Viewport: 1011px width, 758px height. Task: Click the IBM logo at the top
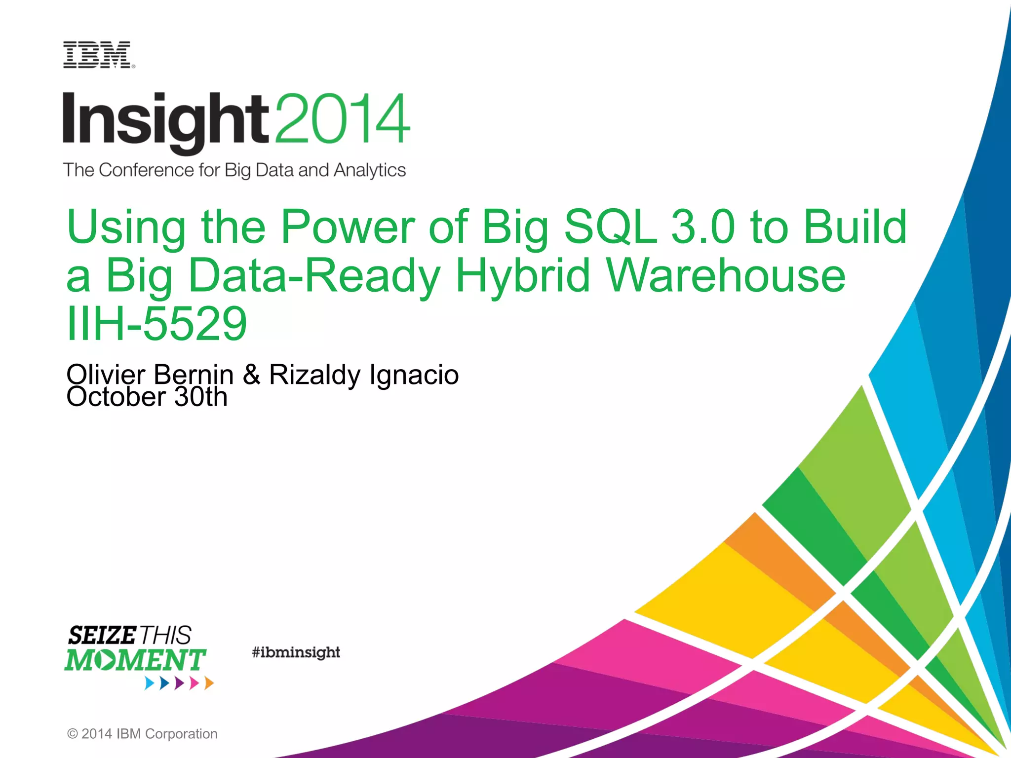[x=97, y=55]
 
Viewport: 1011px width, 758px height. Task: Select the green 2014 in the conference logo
[x=342, y=119]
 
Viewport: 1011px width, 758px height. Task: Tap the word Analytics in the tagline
[x=370, y=170]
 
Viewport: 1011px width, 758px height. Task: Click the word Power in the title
[x=348, y=227]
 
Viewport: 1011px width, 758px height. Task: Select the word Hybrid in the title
[x=522, y=276]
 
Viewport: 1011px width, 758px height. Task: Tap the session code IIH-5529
[x=156, y=324]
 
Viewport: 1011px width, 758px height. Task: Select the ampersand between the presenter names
[x=251, y=374]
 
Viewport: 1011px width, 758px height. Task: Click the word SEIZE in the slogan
[x=102, y=635]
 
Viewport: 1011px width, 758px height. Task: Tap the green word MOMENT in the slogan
[x=135, y=660]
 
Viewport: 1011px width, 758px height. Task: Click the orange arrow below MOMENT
[x=209, y=683]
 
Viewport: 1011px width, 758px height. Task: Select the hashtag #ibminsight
[x=296, y=652]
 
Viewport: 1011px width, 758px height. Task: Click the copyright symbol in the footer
[x=73, y=734]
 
